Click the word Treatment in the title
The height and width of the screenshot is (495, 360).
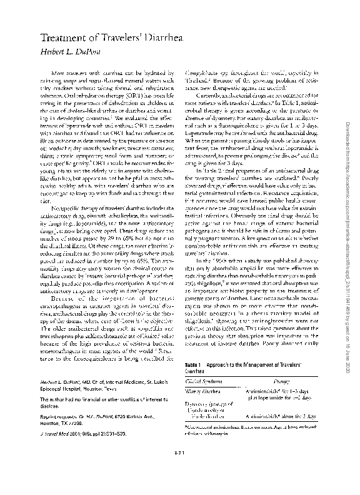(62, 39)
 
